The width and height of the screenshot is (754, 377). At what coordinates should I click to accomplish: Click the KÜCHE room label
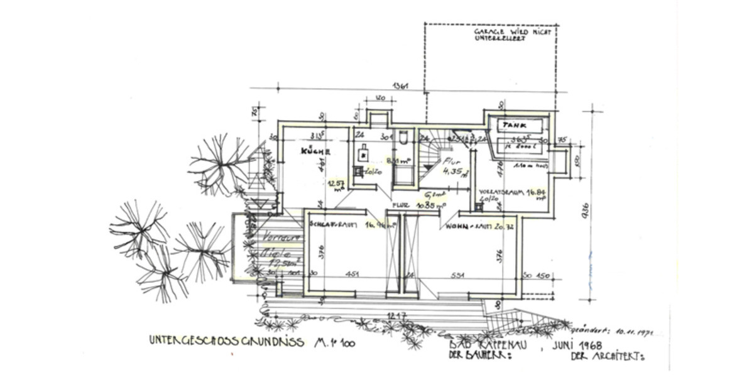(316, 151)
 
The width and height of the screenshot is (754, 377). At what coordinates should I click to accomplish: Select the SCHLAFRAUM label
(333, 224)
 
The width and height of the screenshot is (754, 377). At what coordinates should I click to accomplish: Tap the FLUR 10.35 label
(419, 205)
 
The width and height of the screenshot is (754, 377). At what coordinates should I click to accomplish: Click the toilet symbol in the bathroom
(403, 138)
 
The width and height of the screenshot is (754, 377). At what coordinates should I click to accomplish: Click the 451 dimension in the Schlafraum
(354, 274)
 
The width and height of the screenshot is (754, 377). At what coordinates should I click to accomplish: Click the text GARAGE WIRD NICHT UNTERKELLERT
(513, 35)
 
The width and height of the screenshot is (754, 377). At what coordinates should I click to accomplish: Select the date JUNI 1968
(578, 345)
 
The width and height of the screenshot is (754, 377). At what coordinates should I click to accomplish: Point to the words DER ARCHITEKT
(608, 356)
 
